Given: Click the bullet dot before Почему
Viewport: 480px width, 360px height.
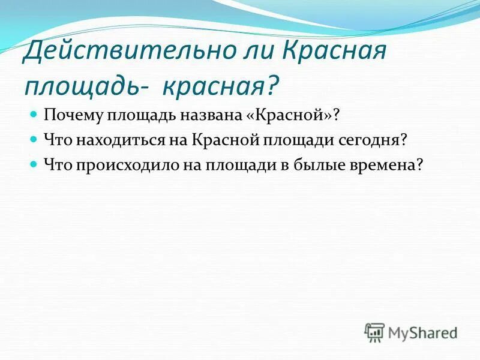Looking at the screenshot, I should [34, 114].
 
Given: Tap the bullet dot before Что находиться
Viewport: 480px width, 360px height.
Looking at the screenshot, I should [34, 139].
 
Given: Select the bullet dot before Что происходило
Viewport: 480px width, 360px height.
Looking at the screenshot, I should [34, 164].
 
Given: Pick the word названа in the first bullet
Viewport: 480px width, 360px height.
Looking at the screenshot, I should [201, 115].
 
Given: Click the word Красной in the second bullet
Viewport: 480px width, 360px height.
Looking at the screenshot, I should [224, 140].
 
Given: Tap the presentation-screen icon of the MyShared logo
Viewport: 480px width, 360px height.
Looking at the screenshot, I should [374, 332].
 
